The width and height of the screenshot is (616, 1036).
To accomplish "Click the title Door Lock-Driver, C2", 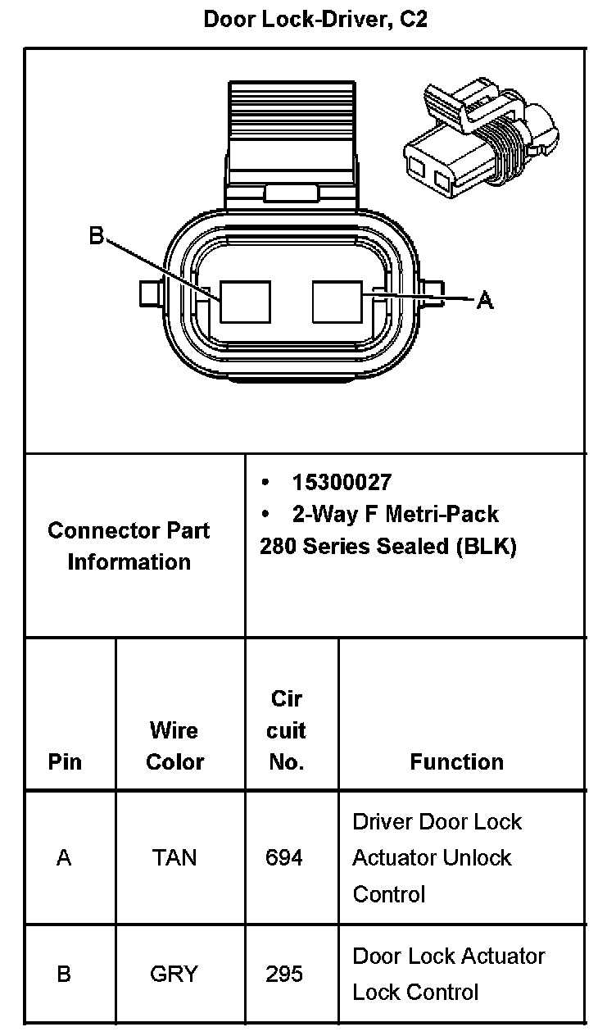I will tap(315, 20).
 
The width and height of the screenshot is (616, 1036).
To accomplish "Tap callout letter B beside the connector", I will tap(97, 237).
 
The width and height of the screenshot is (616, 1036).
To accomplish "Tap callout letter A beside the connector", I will tap(485, 302).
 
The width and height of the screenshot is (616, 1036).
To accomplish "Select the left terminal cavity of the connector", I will tap(246, 302).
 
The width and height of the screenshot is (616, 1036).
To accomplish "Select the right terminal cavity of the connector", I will tap(337, 302).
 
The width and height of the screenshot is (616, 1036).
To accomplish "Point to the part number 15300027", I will tap(342, 482).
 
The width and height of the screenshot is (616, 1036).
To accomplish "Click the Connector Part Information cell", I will tap(129, 546).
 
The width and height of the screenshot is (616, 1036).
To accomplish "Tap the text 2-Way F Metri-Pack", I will tap(395, 514).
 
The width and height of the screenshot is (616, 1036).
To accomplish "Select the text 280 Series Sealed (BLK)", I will tap(387, 546).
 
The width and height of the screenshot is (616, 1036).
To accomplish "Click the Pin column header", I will tap(65, 761).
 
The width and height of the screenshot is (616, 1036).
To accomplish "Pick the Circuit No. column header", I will tap(287, 730).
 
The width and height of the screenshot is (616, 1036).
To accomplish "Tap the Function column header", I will tap(456, 761).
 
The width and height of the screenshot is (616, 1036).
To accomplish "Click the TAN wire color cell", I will tap(174, 857).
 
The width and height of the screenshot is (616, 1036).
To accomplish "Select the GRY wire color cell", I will tap(174, 974).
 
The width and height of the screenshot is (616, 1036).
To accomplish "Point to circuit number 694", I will tap(284, 857).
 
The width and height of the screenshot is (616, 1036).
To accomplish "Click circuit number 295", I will tap(284, 974).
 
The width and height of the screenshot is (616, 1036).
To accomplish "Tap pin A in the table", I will tap(64, 857).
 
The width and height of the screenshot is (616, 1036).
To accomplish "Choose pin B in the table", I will tap(64, 974).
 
